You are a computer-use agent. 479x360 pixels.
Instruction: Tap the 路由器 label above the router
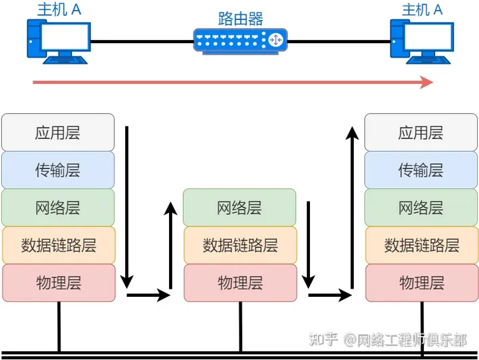coord(241,17)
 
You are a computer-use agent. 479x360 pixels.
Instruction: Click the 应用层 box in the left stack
coord(58,132)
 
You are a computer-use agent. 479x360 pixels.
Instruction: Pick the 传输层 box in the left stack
coord(58,170)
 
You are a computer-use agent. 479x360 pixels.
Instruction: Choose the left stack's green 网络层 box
coord(58,207)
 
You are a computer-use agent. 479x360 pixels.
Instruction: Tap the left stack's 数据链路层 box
coord(58,245)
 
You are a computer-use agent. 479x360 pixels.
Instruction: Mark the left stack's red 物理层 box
coord(58,283)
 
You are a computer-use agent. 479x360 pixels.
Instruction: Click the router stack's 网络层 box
coord(239,207)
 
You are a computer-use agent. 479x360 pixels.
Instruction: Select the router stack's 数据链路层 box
coord(239,245)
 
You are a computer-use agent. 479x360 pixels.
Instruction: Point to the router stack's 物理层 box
coord(239,283)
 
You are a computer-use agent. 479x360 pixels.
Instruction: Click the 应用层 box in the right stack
coord(421,132)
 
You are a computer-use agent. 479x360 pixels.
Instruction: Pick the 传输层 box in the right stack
coord(421,170)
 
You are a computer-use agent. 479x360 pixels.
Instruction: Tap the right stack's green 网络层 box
coord(421,207)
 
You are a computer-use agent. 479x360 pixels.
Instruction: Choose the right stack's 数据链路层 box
coord(421,245)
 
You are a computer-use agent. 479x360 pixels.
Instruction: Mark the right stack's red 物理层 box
coord(421,283)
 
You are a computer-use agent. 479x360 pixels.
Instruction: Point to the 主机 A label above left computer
coord(58,9)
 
